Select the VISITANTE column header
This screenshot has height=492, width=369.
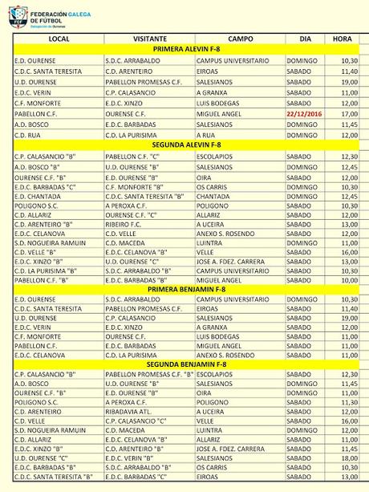(x=148, y=39)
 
